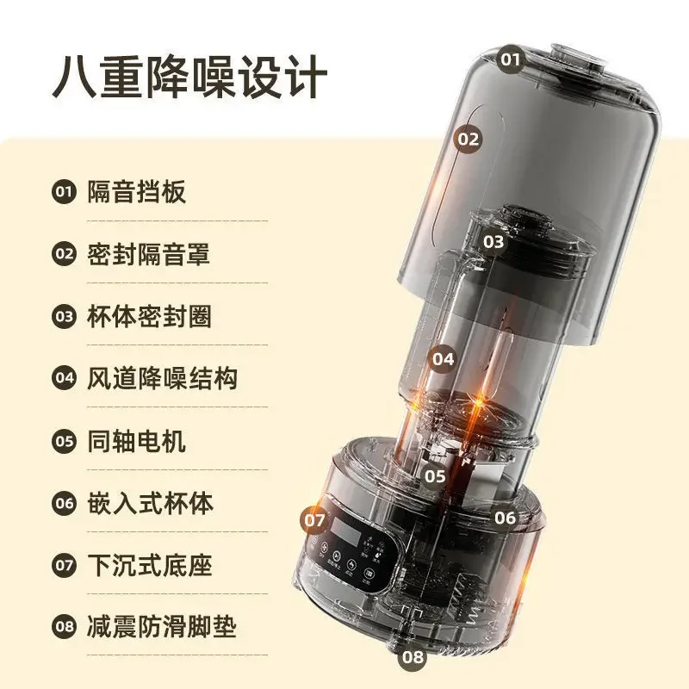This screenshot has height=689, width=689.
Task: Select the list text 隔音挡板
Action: tap(136, 192)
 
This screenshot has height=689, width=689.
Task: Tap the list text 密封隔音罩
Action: tap(149, 254)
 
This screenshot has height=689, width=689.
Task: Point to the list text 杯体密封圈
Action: tap(149, 316)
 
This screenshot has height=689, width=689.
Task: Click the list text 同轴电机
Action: tap(136, 442)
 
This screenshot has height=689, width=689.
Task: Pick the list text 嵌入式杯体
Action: tap(149, 503)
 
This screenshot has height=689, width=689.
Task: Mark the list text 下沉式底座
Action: tap(149, 566)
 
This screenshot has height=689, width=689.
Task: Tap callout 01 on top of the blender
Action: tap(512, 59)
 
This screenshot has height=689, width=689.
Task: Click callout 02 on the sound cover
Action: tap(469, 139)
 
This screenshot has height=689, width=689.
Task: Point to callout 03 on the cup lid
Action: tap(493, 242)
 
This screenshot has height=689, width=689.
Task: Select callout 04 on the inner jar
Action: tap(444, 359)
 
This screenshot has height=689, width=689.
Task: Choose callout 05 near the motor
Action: tap(435, 475)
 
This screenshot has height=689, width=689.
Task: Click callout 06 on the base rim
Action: tap(506, 518)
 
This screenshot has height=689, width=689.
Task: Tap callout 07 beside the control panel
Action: tap(315, 520)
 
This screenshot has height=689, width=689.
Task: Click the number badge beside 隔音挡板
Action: tap(65, 192)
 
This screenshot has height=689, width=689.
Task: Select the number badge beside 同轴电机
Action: tap(65, 442)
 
